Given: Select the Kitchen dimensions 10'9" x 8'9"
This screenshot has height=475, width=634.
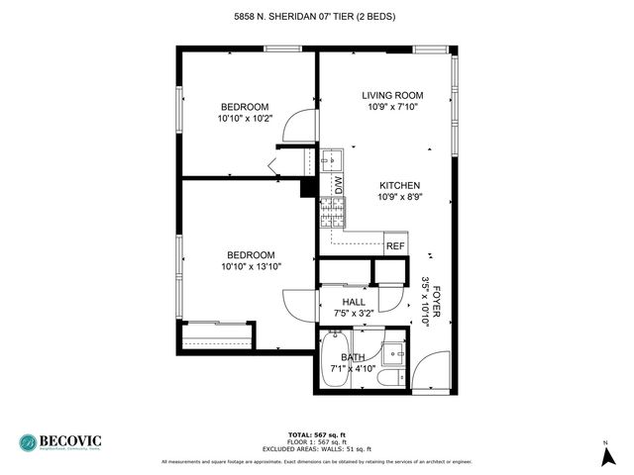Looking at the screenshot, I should pyautogui.click(x=399, y=197).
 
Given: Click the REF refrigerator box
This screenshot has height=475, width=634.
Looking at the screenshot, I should pyautogui.click(x=394, y=245).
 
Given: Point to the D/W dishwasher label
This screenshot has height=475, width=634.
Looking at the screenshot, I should pyautogui.click(x=337, y=184).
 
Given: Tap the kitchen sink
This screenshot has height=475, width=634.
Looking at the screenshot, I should pyautogui.click(x=331, y=158).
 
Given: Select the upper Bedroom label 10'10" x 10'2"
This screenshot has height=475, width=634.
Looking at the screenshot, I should pyautogui.click(x=244, y=113).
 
